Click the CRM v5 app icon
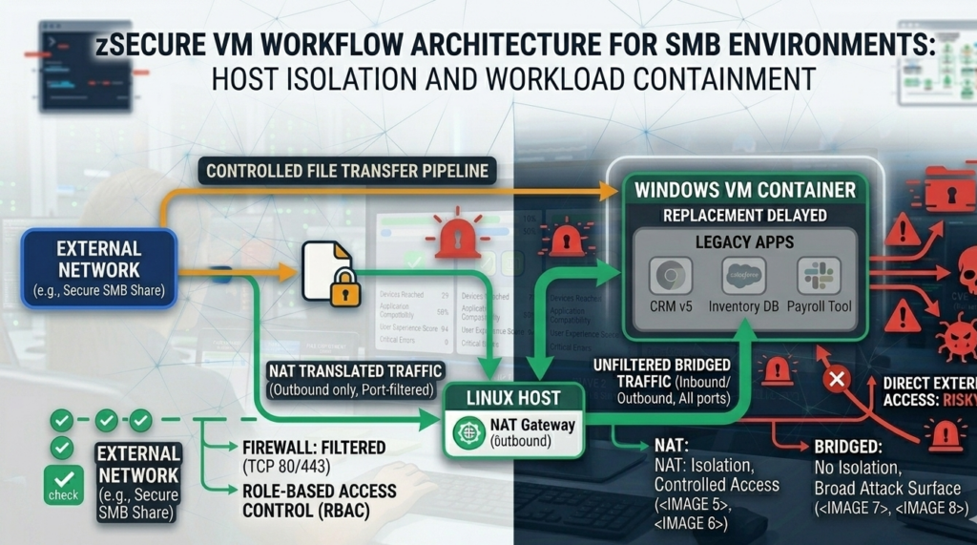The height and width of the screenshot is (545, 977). coord(671,275)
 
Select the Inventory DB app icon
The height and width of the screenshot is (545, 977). coord(744,275)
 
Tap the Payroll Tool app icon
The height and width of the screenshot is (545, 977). coord(819,275)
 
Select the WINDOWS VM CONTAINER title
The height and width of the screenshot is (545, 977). coord(745,189)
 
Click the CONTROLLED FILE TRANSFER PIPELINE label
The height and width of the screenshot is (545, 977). coord(347,172)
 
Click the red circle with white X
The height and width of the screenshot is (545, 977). coord(837,380)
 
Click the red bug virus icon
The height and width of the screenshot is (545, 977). coord(954,336)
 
